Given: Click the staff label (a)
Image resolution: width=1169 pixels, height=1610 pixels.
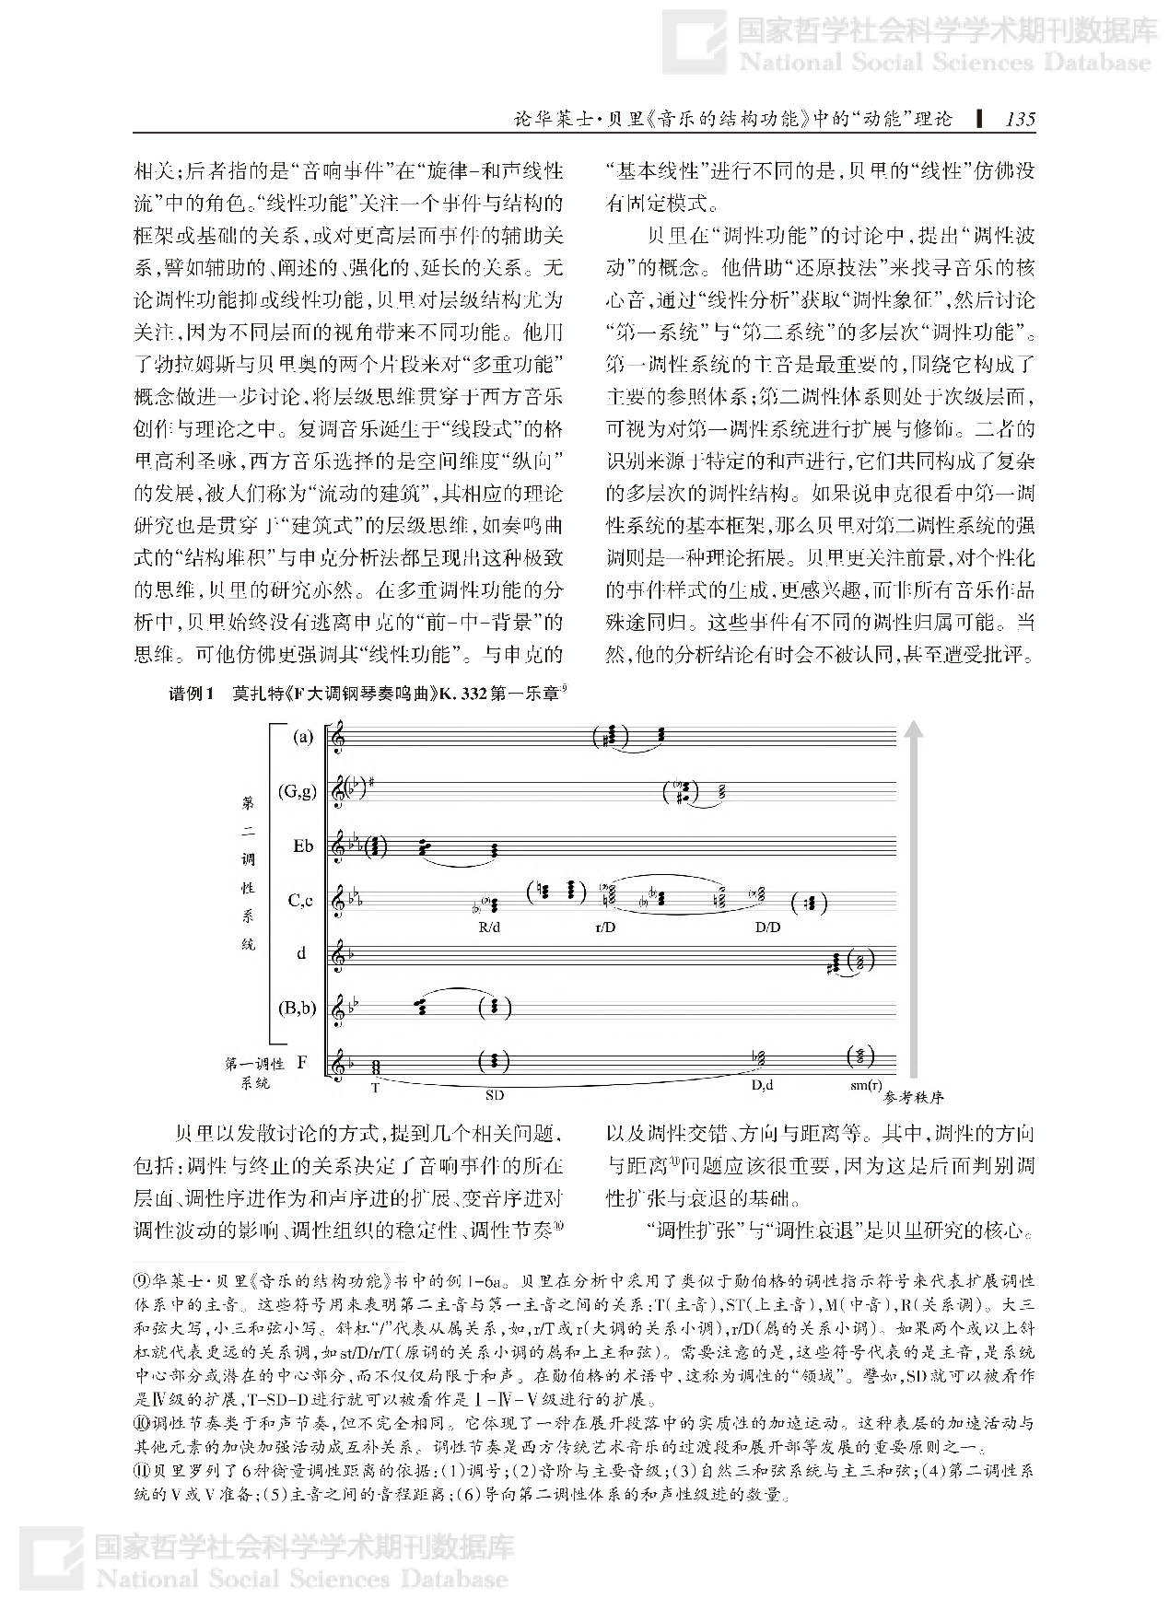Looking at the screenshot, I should click(302, 737).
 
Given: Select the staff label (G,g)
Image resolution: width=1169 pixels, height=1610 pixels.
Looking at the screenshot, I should click(298, 790).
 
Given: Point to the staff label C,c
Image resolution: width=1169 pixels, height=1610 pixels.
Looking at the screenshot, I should click(301, 901).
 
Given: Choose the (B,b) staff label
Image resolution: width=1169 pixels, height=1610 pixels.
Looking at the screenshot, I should click(298, 1009).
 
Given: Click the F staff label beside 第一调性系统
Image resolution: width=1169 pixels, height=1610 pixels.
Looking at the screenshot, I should click(302, 1062).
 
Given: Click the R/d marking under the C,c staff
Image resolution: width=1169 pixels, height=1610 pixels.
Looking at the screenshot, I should click(489, 927).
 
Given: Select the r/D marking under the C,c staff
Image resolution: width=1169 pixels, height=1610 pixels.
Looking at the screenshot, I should click(605, 927).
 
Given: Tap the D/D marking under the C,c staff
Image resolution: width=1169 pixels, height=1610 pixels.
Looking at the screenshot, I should click(767, 927).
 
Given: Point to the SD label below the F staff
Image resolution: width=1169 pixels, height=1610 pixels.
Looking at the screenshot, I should click(495, 1095).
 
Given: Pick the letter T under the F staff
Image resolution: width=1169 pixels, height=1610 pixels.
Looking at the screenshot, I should click(375, 1088).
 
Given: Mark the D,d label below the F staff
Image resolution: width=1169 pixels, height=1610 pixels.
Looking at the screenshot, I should click(762, 1086).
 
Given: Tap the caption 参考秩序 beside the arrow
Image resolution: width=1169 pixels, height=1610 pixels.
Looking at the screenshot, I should click(914, 1097).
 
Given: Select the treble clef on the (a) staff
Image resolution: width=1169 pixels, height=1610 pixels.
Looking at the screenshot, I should click(342, 739).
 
